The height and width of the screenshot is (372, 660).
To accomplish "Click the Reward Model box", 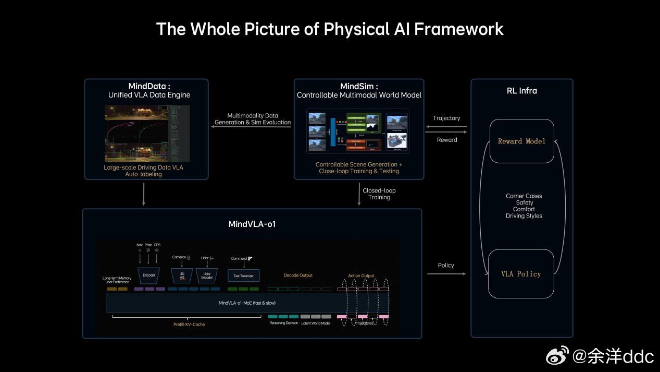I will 521,141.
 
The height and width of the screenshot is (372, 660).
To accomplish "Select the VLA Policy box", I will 521,274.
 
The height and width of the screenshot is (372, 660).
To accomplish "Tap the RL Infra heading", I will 521,91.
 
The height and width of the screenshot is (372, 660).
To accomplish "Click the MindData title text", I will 149,86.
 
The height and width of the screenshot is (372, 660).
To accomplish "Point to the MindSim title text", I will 359,86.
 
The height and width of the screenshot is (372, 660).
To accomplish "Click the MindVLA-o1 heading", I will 252,224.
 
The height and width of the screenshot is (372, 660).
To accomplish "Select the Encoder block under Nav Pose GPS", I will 148,275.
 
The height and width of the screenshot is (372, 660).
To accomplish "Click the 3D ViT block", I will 182,275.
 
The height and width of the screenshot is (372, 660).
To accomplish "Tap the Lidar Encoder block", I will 207,275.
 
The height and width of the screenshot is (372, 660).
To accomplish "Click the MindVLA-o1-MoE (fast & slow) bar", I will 247,303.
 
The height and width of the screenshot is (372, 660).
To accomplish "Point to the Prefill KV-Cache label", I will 189,325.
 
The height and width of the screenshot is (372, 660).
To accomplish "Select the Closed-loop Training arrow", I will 359,194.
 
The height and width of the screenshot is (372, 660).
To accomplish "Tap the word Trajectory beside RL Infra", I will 446,118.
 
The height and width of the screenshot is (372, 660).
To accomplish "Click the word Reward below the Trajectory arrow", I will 447,140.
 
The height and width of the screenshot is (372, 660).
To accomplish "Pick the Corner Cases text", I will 524,196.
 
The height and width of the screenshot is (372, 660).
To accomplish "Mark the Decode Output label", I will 298,275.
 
